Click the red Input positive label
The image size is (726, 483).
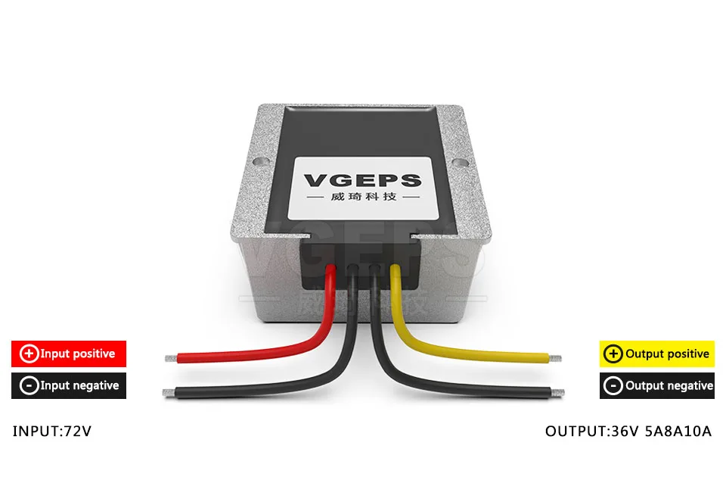click(x=69, y=354)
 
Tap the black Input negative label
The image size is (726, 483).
click(x=69, y=385)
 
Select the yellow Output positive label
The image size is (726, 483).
click(x=656, y=354)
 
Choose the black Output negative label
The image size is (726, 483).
click(x=656, y=385)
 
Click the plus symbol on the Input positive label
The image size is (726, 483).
click(x=29, y=354)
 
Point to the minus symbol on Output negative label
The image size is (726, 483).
click(x=613, y=385)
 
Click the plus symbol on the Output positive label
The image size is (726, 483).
click(x=613, y=354)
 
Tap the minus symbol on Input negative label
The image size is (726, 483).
click(x=29, y=385)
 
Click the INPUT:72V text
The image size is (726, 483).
click(x=52, y=431)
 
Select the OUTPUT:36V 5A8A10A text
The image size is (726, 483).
click(x=628, y=431)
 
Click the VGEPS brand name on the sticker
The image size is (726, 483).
click(x=362, y=180)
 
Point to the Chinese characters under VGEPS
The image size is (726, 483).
click(x=364, y=197)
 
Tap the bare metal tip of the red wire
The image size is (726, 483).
click(x=172, y=358)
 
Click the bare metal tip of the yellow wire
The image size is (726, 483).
click(x=555, y=358)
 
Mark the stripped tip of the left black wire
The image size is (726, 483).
click(x=169, y=393)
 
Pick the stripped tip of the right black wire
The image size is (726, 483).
click(x=558, y=393)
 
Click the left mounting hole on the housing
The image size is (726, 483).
click(x=260, y=162)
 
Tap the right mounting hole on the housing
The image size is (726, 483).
click(x=459, y=163)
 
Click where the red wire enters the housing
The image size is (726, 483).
click(x=330, y=268)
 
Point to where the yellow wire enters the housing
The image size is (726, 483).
click(x=395, y=268)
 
